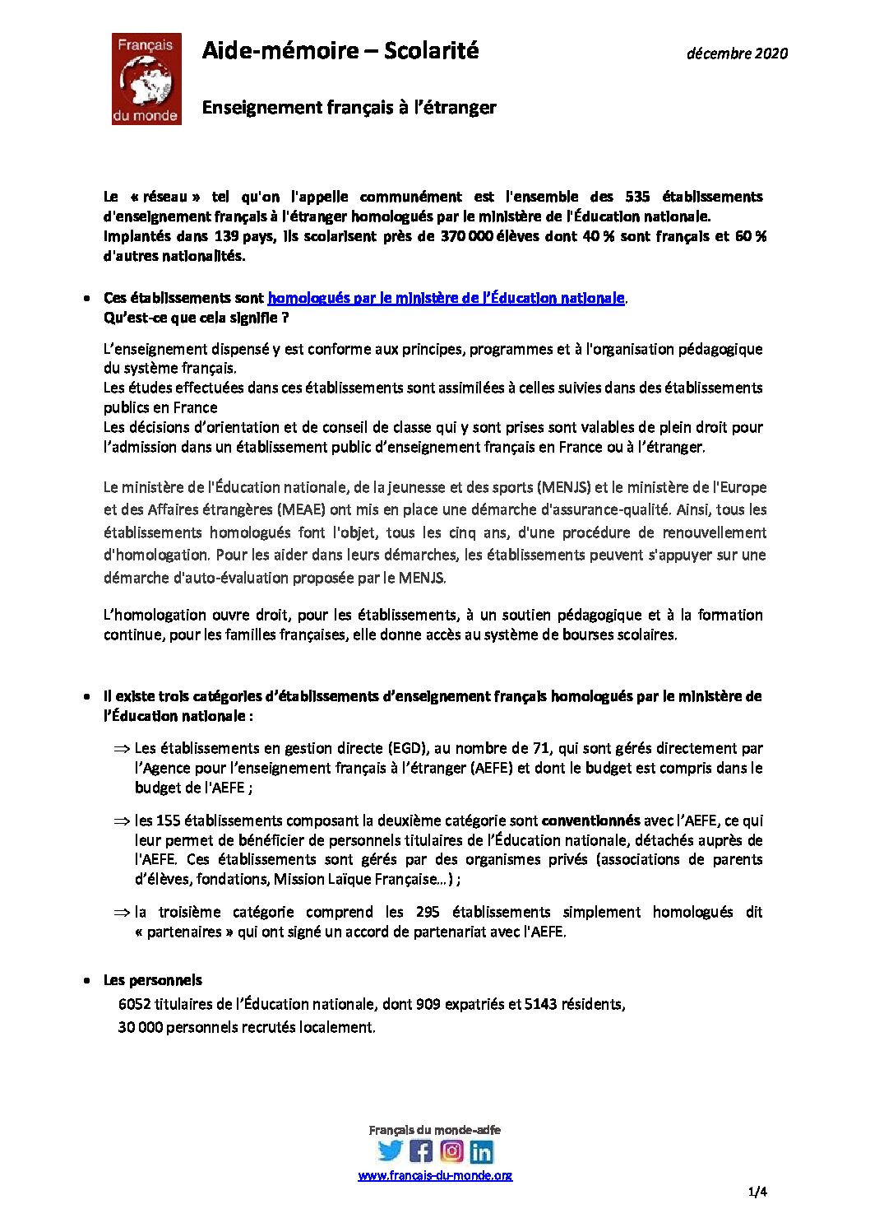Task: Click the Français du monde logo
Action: [x=146, y=79]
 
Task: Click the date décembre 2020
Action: [x=737, y=53]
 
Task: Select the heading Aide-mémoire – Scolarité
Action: [x=340, y=51]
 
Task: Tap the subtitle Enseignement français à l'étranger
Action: [x=349, y=108]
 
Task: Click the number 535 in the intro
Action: [x=637, y=197]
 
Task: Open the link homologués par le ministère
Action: [x=446, y=298]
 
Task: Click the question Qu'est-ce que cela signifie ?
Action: [x=196, y=318]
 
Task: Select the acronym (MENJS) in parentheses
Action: [x=564, y=487]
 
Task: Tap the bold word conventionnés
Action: [x=590, y=821]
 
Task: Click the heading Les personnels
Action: [x=152, y=980]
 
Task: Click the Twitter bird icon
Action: [x=390, y=1151]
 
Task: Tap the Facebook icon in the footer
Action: [x=420, y=1151]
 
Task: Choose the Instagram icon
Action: [x=451, y=1151]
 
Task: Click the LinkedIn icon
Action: [x=481, y=1151]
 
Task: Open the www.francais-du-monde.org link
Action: [x=435, y=1175]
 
